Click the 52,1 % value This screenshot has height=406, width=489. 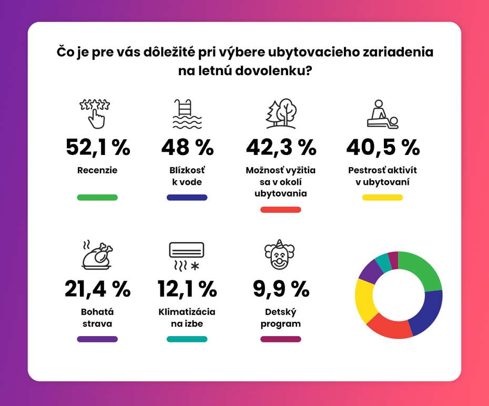98,148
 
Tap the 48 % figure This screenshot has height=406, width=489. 187,147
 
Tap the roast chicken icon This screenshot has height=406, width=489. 97,255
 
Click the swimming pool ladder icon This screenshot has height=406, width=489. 187,114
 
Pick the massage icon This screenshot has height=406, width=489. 383,114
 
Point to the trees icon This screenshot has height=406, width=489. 281,114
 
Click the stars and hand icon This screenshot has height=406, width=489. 95,114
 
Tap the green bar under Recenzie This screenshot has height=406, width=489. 97,197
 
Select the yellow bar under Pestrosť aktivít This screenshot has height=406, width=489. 382,197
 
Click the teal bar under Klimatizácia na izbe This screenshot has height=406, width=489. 187,339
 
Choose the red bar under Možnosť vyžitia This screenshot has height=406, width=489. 281,210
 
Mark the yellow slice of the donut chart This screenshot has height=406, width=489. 364,300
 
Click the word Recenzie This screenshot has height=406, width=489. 97,170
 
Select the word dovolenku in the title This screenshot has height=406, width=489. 273,71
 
